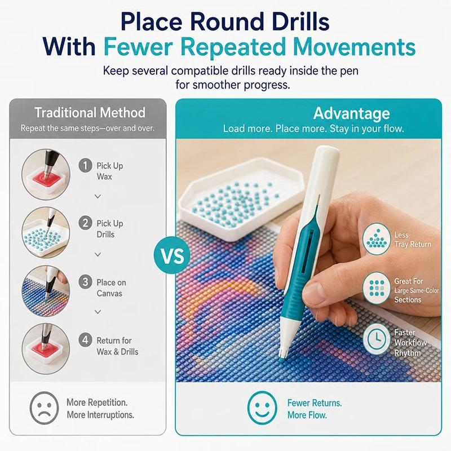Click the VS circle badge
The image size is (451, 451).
(172, 255)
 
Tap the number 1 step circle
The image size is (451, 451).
(86, 165)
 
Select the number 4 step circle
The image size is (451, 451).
(86, 340)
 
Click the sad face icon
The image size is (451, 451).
(44, 408)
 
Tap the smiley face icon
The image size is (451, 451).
(262, 408)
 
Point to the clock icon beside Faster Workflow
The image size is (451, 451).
(376, 339)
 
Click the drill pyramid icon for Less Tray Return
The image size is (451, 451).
(376, 238)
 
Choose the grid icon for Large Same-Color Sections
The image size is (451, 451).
(376, 288)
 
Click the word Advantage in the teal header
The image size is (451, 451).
(351, 113)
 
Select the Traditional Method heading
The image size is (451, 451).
(90, 112)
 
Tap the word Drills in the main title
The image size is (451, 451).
(297, 21)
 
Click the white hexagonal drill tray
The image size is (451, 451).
(242, 198)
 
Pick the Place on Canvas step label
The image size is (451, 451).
(111, 288)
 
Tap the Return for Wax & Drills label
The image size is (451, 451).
(117, 346)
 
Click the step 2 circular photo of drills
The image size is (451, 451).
(46, 232)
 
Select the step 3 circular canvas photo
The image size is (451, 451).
(46, 291)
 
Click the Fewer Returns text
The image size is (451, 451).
(315, 403)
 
